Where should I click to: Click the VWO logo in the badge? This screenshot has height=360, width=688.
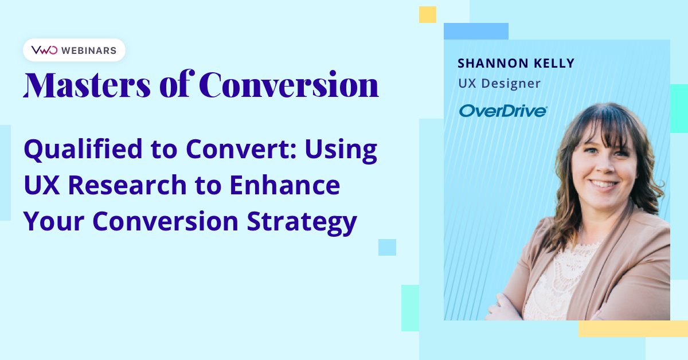pos(44,50)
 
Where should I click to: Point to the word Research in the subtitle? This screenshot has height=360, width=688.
pos(132,186)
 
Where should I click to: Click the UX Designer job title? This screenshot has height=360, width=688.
pos(499,84)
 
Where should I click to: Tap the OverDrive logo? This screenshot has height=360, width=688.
pos(503,111)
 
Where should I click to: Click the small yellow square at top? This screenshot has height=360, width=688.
pos(427,14)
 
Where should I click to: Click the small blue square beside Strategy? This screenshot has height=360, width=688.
pos(387,247)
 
